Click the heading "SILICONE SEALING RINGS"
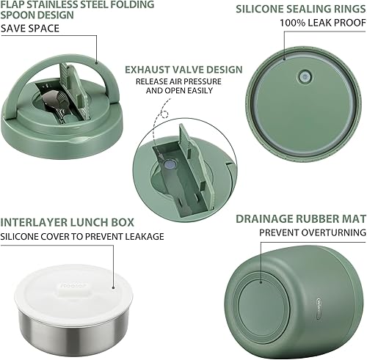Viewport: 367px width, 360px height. point(299,9)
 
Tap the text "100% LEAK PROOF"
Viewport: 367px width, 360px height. point(321,23)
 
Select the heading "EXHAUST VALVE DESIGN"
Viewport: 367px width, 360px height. point(183,70)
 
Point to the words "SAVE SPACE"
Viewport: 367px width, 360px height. point(30,29)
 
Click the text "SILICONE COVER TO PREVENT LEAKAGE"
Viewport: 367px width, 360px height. point(82,236)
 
